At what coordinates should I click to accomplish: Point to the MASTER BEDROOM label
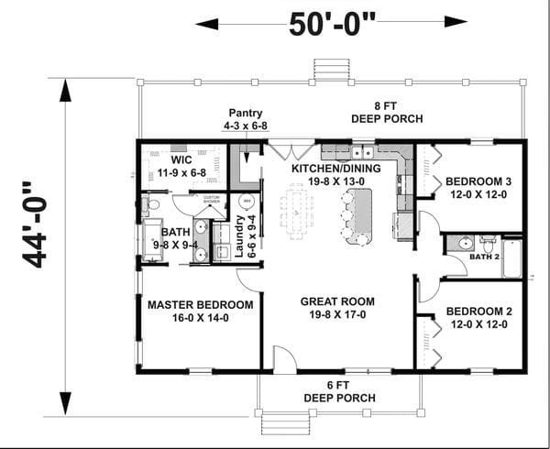pos(200,304)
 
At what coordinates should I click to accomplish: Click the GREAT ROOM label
pos(334,301)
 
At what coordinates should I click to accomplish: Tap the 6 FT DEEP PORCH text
pos(339,391)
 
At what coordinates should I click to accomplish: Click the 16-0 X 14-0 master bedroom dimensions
pos(200,318)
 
